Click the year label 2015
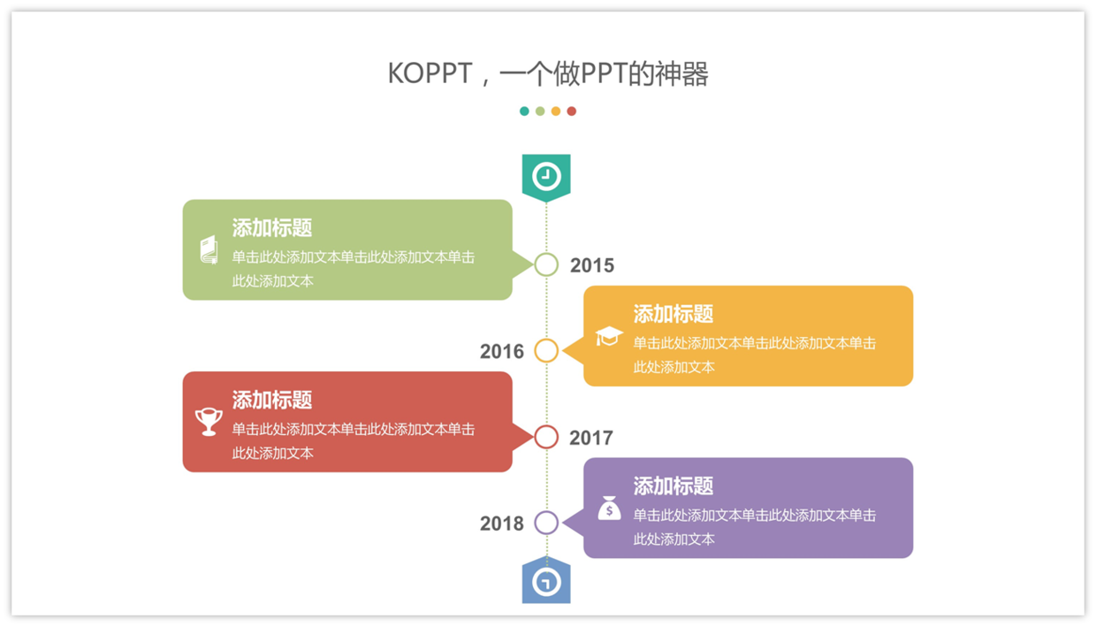592,265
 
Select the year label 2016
501,351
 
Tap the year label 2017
591,438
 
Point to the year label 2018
501,524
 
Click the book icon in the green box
209,249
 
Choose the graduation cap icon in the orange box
609,336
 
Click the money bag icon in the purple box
609,508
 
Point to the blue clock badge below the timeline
546,580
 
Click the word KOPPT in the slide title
430,74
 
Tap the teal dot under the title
524,111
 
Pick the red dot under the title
572,111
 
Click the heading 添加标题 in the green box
272,227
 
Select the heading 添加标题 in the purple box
674,486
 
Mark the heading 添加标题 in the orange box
674,314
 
